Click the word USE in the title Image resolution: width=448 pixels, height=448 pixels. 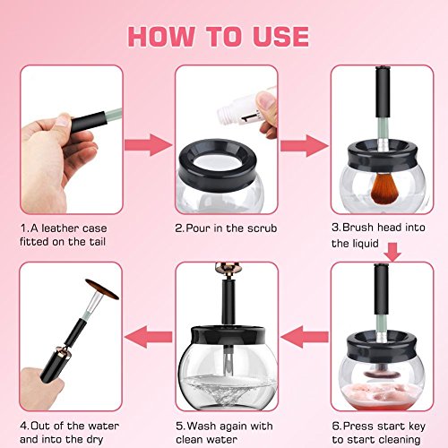280,37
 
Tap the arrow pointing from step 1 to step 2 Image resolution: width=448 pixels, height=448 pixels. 149,145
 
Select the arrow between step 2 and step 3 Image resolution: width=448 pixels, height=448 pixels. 305,146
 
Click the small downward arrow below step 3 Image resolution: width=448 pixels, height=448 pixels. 392,252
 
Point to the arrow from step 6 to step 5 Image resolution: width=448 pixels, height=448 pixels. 305,337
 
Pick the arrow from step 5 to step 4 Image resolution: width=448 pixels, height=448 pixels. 149,337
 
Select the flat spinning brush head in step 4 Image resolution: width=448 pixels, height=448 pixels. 102,289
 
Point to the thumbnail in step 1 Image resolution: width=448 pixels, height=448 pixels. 64,121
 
